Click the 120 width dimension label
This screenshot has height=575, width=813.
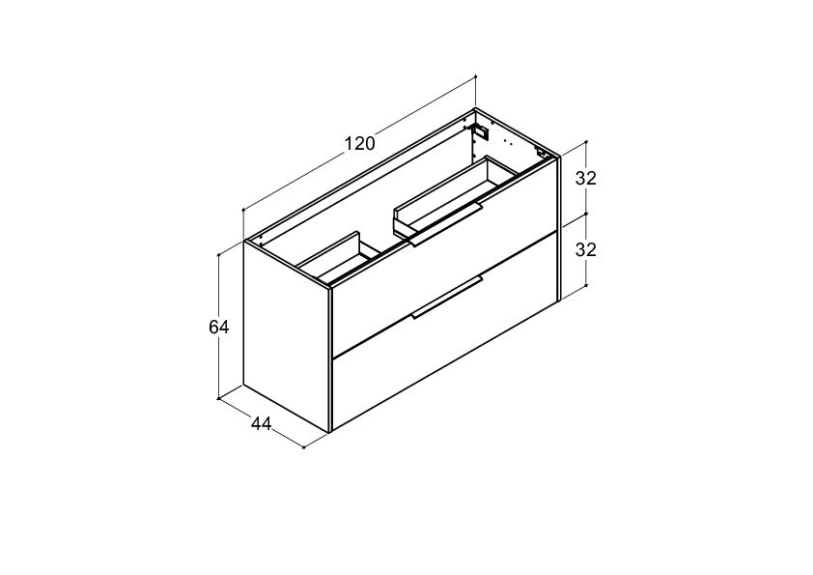tap(360, 143)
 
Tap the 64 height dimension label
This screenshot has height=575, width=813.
tap(218, 327)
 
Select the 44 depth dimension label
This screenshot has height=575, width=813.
tap(261, 424)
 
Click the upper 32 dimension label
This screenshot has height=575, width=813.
tap(586, 178)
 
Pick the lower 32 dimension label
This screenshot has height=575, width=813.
tap(586, 250)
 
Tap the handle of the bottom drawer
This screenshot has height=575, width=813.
tap(446, 298)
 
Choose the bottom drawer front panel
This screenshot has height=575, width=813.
tap(445, 332)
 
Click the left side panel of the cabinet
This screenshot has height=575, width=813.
tap(286, 337)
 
